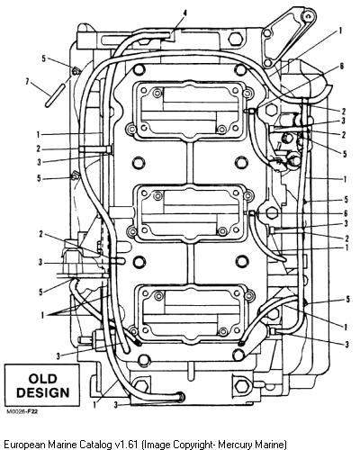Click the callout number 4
(x=185, y=13)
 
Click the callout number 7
(x=27, y=81)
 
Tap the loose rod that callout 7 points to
(x=55, y=94)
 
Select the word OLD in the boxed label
(x=42, y=379)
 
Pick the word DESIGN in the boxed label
(x=42, y=392)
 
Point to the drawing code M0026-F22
(x=22, y=411)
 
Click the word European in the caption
(x=25, y=445)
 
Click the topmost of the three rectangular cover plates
(x=192, y=110)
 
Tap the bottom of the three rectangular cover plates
(x=192, y=315)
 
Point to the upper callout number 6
(x=341, y=67)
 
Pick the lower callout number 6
(x=346, y=213)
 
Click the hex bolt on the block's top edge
(x=234, y=39)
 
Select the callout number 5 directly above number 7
(x=44, y=58)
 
